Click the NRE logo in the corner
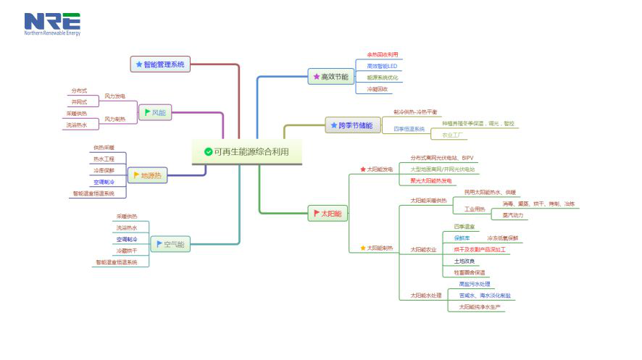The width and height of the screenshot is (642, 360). click(x=52, y=23)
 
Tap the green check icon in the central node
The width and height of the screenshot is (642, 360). click(x=208, y=151)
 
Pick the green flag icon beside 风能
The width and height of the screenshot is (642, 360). click(x=146, y=113)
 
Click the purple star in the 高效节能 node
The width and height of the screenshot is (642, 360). click(x=316, y=76)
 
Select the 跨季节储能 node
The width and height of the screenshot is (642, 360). click(x=351, y=125)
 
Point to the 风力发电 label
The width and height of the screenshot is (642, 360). click(x=114, y=96)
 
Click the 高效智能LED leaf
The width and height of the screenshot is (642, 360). click(x=382, y=66)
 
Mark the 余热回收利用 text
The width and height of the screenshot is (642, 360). click(x=382, y=54)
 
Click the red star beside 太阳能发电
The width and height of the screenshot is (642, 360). click(x=363, y=169)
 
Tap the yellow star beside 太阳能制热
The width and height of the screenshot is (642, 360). click(x=363, y=248)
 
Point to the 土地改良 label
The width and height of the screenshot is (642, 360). click(x=464, y=261)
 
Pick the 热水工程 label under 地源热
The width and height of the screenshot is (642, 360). click(x=104, y=158)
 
